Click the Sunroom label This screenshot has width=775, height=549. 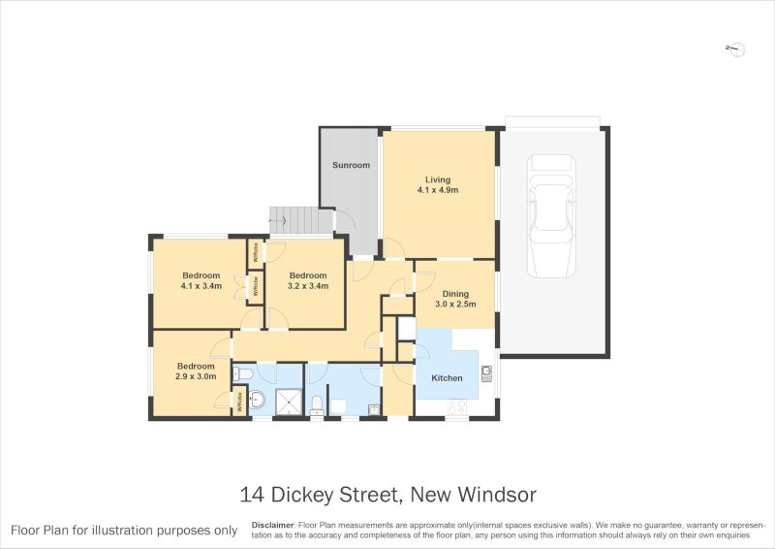click(x=351, y=165)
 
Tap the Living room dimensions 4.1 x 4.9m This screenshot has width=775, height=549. click(x=438, y=190)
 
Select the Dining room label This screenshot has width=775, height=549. click(x=455, y=294)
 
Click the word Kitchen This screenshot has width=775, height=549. click(x=447, y=377)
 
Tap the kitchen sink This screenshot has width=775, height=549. click(x=486, y=371)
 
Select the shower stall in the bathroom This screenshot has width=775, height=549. click(x=289, y=401)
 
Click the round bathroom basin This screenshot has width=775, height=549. click(x=258, y=400)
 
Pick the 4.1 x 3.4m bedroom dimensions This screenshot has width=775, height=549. click(x=201, y=287)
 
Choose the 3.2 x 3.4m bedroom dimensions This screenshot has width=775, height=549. click(x=308, y=287)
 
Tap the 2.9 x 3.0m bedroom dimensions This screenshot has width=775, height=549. click(x=195, y=375)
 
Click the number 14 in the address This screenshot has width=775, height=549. click(x=252, y=495)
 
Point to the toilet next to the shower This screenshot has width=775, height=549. click(x=316, y=404)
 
